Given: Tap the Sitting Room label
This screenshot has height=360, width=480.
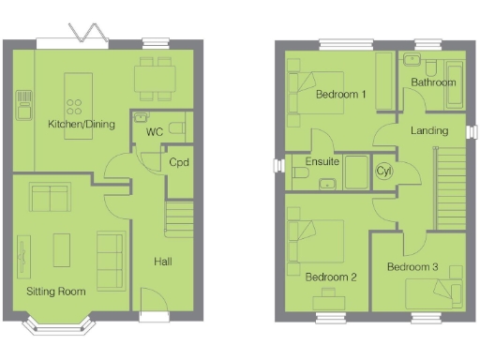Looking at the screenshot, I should (x=55, y=292).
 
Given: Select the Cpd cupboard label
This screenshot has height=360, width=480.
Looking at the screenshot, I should (x=180, y=161).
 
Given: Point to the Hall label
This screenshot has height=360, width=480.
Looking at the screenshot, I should (x=161, y=261).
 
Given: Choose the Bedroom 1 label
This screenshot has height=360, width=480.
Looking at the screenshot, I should (x=340, y=95).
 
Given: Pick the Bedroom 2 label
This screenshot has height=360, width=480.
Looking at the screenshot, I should (x=331, y=277).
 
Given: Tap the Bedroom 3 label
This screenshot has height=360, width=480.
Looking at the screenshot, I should (x=412, y=267).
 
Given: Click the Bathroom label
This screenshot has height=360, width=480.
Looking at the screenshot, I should (x=433, y=82).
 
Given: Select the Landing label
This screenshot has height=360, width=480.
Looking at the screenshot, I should (x=429, y=130).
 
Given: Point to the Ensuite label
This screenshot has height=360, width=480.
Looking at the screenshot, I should (x=322, y=161).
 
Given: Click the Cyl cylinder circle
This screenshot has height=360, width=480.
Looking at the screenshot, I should (x=383, y=172).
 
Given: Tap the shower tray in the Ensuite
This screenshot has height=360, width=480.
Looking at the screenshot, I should (x=356, y=172).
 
